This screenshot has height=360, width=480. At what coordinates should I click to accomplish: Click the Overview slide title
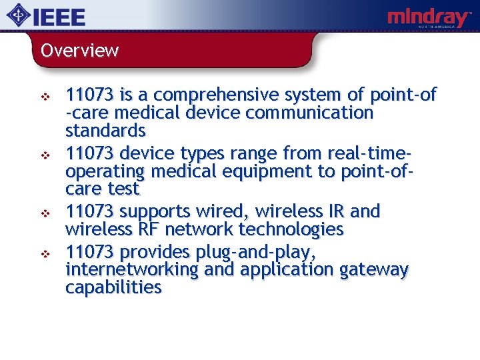click(x=79, y=51)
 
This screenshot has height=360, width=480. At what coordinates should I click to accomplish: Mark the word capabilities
click(x=113, y=287)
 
